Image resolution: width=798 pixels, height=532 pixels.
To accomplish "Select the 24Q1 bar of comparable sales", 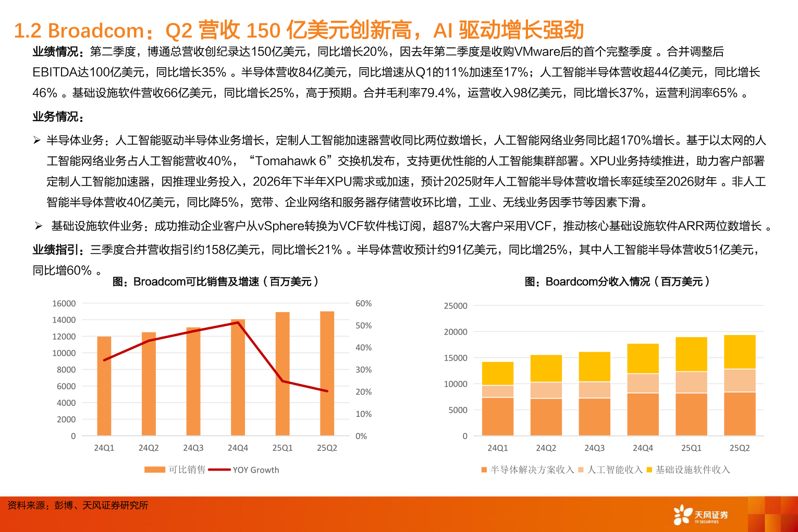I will pyautogui.click(x=104, y=386).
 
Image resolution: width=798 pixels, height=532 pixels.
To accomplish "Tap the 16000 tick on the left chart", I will pyautogui.click(x=64, y=303).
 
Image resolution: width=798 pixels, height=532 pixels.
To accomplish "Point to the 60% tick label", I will pyautogui.click(x=363, y=303).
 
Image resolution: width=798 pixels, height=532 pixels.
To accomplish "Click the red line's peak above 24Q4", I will pyautogui.click(x=238, y=323).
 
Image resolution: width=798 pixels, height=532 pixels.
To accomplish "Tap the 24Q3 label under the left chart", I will pyautogui.click(x=193, y=448).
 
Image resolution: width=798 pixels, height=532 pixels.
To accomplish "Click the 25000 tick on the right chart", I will pyautogui.click(x=456, y=306).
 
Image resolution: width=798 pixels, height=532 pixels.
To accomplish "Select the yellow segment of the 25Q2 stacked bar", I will pyautogui.click(x=740, y=352).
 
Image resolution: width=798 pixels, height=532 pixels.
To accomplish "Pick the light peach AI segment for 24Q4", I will pyautogui.click(x=643, y=383).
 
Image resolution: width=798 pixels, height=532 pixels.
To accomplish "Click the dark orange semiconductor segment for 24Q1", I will pyautogui.click(x=498, y=416).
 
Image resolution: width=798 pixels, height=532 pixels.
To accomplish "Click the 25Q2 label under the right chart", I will pyautogui.click(x=740, y=448).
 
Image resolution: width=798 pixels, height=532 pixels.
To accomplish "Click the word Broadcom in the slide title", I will pyautogui.click(x=96, y=31).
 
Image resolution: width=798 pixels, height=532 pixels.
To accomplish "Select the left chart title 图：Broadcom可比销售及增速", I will pyautogui.click(x=215, y=282).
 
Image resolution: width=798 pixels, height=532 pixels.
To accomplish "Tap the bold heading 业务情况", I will pyautogui.click(x=58, y=117).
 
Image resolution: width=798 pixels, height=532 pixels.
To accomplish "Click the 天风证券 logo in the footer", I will pyautogui.click(x=701, y=515).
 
